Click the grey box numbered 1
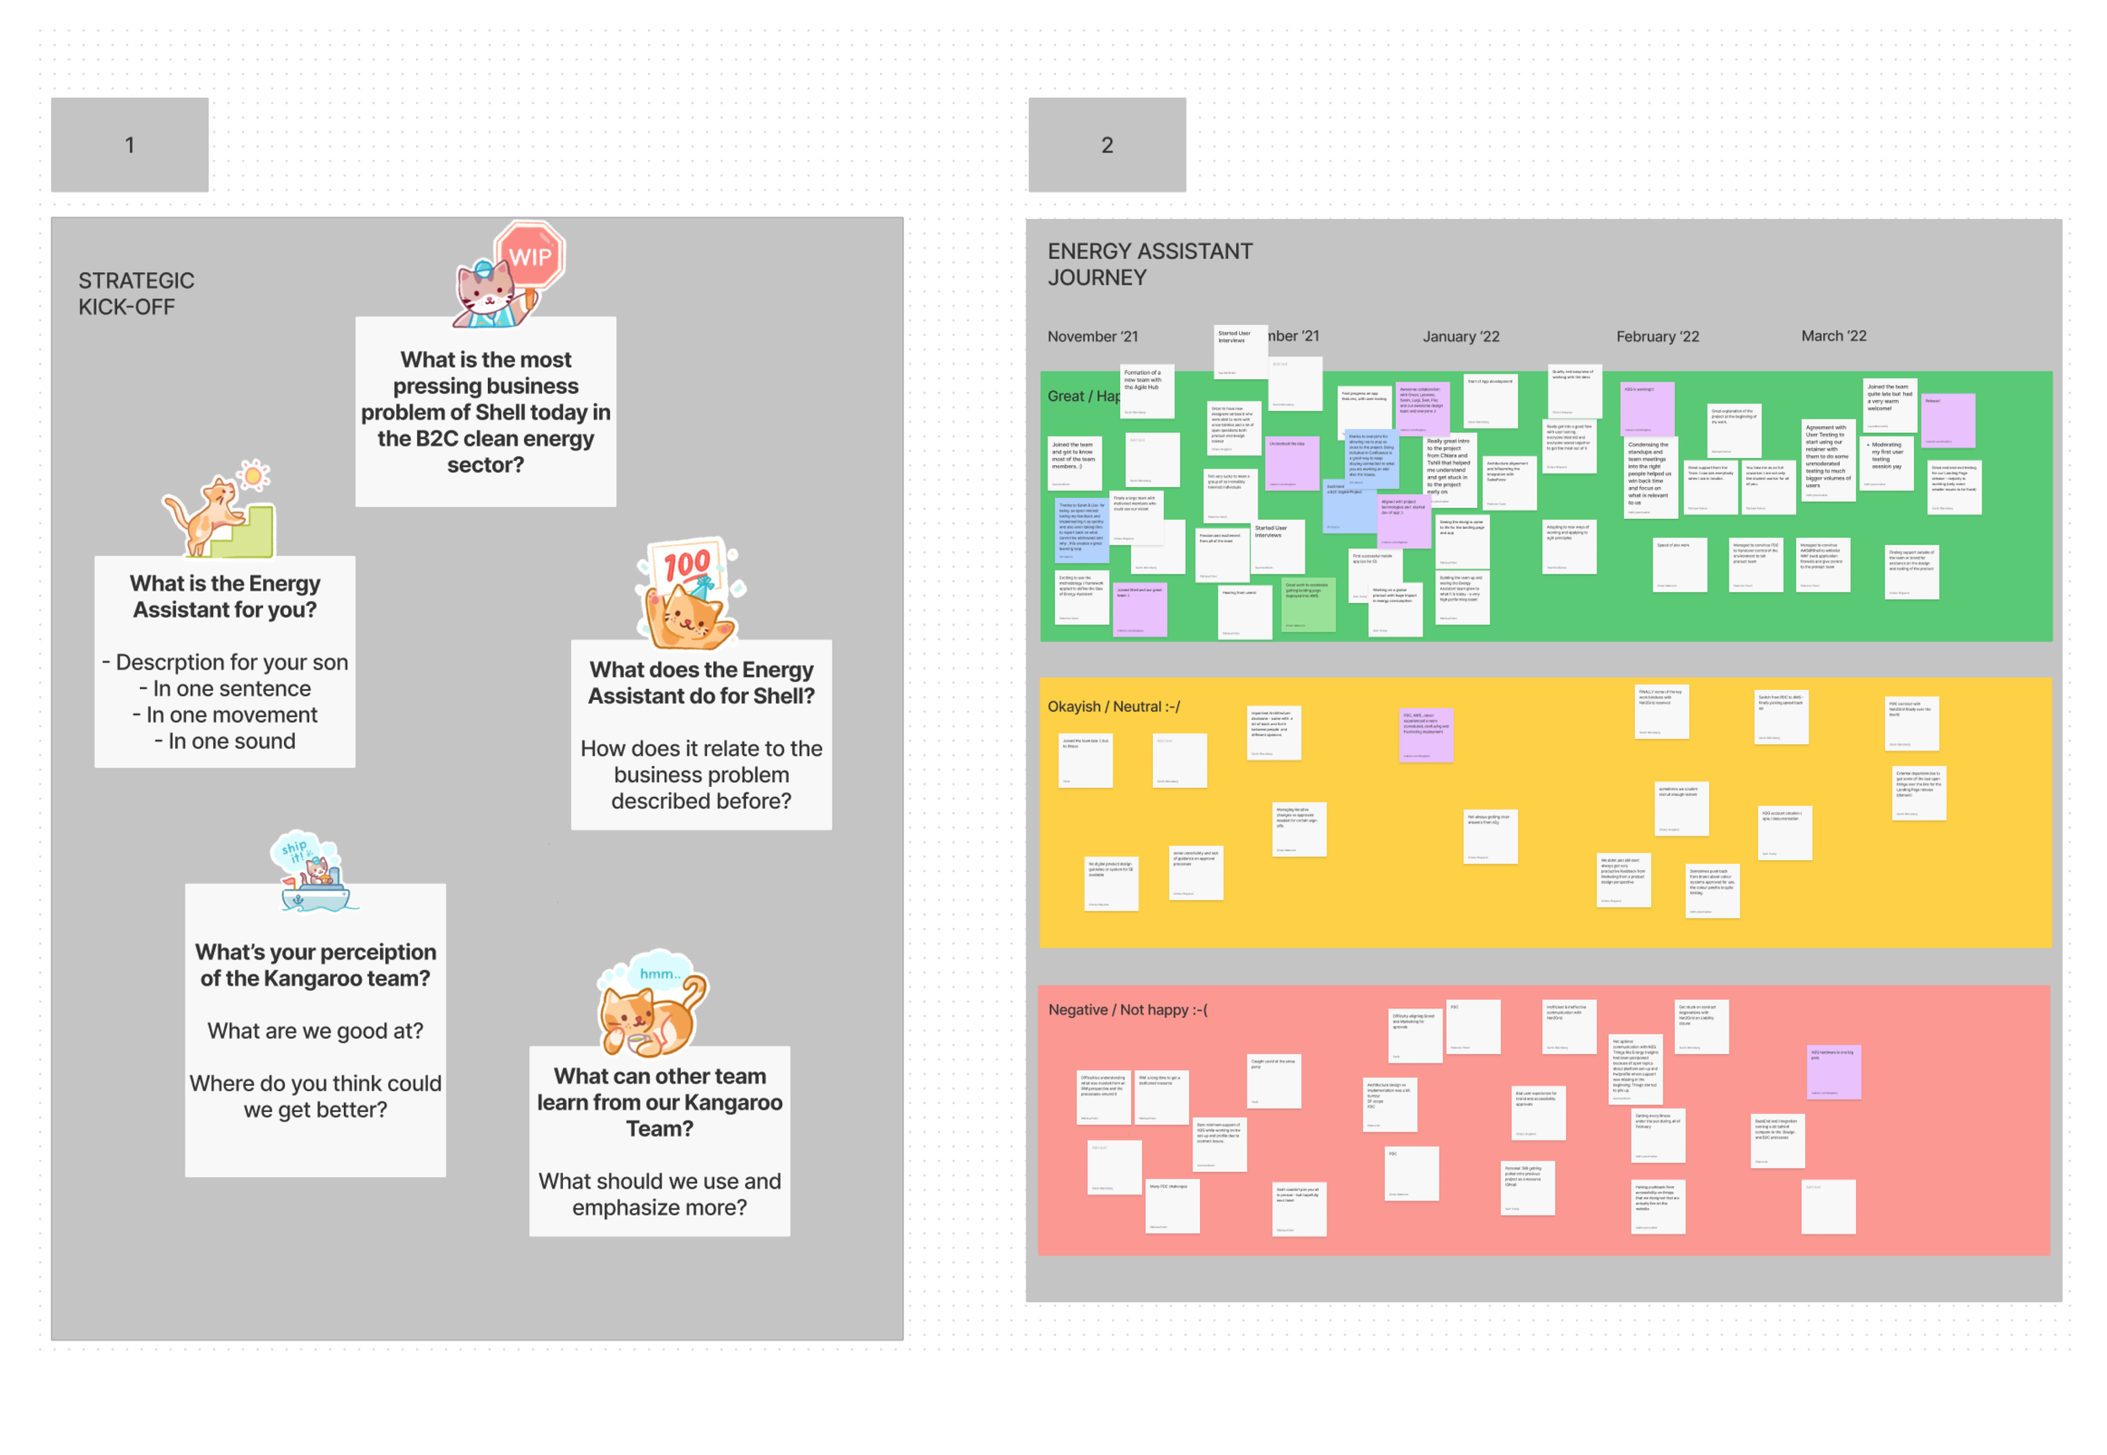pos(130,145)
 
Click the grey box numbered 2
pos(1106,145)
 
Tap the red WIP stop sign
pos(530,256)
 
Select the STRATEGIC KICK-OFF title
pos(136,293)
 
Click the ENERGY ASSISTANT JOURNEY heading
pos(1149,264)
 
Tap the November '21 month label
pos(1091,336)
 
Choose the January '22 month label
pos(1460,336)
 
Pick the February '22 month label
pos(1657,336)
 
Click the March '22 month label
pos(1832,335)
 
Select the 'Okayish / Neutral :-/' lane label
pos(1112,707)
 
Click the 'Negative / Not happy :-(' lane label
pos(1127,1009)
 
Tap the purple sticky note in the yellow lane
pos(1425,735)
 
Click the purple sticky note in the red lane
pos(1832,1073)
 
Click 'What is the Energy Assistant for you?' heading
pos(224,596)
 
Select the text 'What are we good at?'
pos(314,1030)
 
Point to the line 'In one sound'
pos(224,741)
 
